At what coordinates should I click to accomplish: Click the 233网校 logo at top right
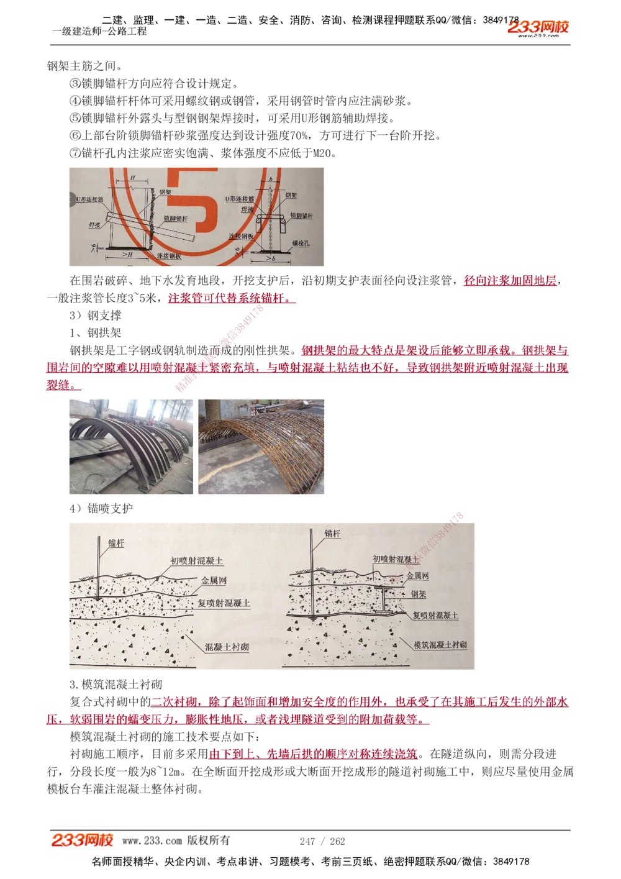point(538,27)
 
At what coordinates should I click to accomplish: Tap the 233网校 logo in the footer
point(82,840)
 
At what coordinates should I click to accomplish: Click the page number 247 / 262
point(322,841)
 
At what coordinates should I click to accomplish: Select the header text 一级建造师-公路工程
point(99,31)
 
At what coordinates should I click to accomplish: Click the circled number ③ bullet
point(75,83)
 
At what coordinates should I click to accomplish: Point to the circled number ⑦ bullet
point(75,153)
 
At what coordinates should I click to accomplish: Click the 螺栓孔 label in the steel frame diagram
point(301,243)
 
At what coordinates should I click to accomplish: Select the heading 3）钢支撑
point(96,316)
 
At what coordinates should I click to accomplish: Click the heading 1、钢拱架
point(96,333)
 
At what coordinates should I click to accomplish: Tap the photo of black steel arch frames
point(131,447)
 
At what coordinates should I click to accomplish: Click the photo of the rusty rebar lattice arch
point(261,447)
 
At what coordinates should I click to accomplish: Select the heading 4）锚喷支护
point(101,509)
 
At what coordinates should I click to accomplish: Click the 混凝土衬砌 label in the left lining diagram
point(227,647)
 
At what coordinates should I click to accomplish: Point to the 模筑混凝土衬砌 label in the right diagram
point(440,645)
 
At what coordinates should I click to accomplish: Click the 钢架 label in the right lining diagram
point(419,594)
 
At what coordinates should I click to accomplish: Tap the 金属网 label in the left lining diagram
point(214,580)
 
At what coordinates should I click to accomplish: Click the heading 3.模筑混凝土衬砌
point(116,685)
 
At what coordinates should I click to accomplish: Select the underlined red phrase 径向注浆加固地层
point(510,281)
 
